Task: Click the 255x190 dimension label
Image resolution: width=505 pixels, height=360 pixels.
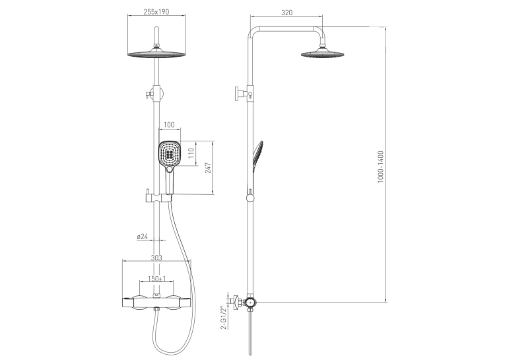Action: click(156, 12)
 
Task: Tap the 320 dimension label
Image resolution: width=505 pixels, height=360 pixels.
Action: click(286, 13)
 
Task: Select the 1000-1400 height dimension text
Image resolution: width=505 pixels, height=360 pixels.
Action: click(381, 167)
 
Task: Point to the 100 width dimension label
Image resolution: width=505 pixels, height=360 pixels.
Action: click(169, 125)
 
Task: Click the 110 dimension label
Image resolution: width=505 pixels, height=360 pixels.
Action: click(191, 153)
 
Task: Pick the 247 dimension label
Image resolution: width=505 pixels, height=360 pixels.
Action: click(208, 168)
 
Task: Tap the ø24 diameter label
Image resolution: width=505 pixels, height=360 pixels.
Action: click(143, 236)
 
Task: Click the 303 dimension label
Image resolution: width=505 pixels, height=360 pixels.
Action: click(156, 258)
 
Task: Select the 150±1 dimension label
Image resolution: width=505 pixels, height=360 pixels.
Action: click(157, 279)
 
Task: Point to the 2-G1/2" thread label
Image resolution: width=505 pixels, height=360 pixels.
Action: click(224, 318)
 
